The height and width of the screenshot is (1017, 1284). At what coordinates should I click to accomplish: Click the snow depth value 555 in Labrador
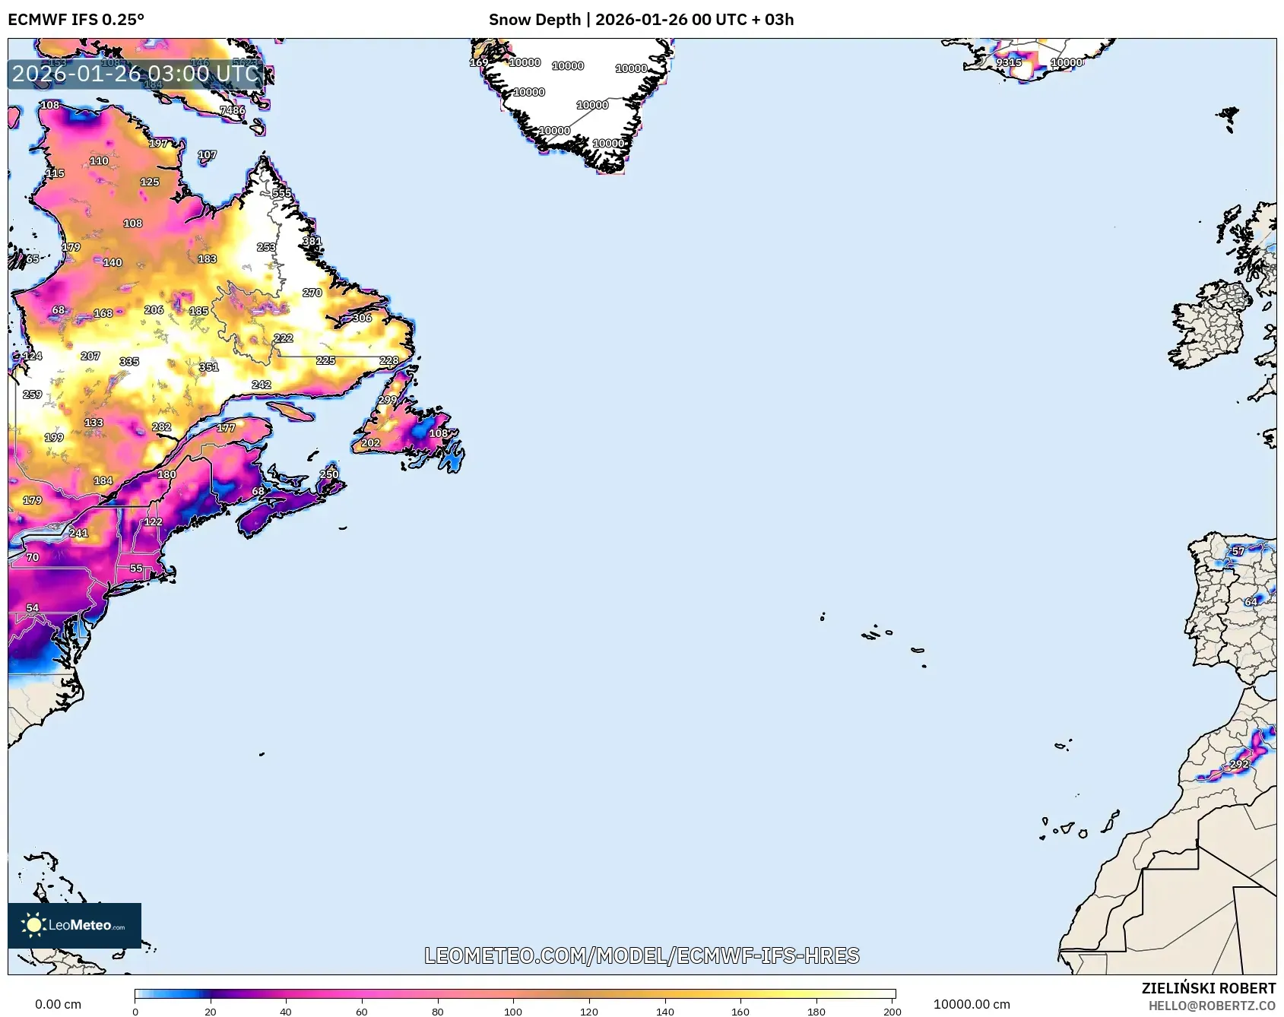pyautogui.click(x=281, y=193)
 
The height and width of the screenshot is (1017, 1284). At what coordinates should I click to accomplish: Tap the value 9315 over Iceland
pyautogui.click(x=1008, y=62)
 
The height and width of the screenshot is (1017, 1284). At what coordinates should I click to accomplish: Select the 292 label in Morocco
pyautogui.click(x=1239, y=764)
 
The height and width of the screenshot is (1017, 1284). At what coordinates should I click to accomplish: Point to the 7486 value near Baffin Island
pyautogui.click(x=232, y=110)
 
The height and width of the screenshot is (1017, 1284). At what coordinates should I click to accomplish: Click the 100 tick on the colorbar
pyautogui.click(x=513, y=1011)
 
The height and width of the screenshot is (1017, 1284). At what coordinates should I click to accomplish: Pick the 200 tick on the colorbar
pyautogui.click(x=892, y=1011)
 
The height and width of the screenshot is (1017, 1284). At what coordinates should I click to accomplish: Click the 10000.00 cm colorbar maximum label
pyautogui.click(x=972, y=1004)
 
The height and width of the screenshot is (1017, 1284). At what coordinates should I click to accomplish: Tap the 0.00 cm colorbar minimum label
pyautogui.click(x=58, y=1004)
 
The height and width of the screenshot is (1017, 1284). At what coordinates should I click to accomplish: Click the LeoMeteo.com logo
pyautogui.click(x=75, y=925)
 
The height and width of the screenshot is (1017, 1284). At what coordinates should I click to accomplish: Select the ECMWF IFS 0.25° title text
pyautogui.click(x=76, y=20)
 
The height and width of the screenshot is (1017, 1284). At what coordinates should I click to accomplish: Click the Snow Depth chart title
pyautogui.click(x=641, y=20)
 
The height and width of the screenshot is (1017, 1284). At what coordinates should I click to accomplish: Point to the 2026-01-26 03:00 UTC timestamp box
pyautogui.click(x=135, y=74)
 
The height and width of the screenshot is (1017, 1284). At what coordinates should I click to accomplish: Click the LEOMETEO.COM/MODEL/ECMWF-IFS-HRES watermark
pyautogui.click(x=642, y=955)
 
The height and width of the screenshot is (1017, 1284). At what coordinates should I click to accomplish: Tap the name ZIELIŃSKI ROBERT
pyautogui.click(x=1208, y=988)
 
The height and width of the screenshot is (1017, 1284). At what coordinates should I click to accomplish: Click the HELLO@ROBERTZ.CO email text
pyautogui.click(x=1211, y=1006)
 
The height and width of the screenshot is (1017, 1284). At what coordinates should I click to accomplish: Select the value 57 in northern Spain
pyautogui.click(x=1238, y=551)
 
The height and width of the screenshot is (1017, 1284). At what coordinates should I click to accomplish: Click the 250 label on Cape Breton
pyautogui.click(x=328, y=474)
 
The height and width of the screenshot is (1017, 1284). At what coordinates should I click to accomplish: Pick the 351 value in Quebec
pyautogui.click(x=208, y=367)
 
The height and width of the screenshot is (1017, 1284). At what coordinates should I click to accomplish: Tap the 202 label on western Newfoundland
pyautogui.click(x=370, y=442)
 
